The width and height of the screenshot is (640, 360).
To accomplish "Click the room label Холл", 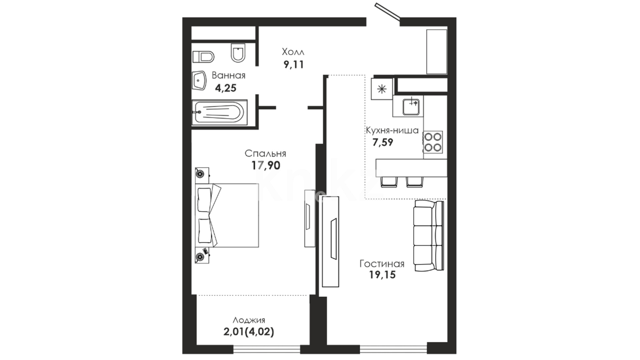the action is [x=293, y=52].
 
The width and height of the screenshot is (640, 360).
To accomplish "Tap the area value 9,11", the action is [x=294, y=64].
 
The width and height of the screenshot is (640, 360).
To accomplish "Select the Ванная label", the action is [x=229, y=75].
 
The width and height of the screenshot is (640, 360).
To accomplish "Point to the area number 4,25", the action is [x=226, y=88].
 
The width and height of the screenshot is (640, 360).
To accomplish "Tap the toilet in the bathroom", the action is [x=203, y=57].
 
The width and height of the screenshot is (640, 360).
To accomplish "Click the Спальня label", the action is [x=265, y=154].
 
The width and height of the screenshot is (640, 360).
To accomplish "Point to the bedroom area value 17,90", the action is [x=266, y=165].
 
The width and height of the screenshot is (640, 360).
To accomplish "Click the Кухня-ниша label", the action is [x=392, y=130].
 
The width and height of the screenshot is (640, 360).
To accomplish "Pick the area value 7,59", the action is [x=383, y=142].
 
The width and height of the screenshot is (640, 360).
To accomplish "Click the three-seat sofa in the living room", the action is [x=429, y=236].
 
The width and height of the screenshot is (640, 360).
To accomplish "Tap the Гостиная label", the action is [x=382, y=264].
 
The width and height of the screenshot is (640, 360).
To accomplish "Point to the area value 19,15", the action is [x=382, y=275].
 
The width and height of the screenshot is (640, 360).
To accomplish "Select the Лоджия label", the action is [x=249, y=320].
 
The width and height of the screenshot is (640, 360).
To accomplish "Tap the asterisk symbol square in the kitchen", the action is [x=382, y=89].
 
